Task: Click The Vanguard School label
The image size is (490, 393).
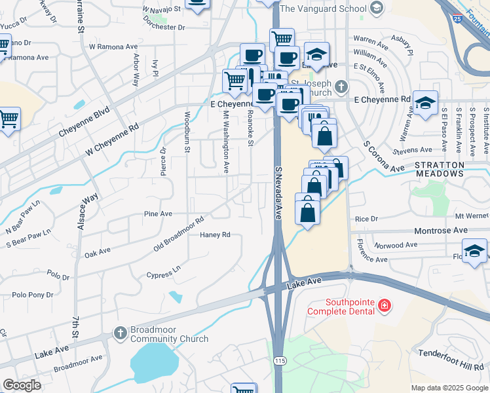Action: [322, 9]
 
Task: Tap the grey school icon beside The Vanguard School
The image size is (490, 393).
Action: [376, 9]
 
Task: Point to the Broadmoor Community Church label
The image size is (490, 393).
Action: [169, 334]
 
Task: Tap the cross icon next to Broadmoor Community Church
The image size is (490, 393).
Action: [120, 333]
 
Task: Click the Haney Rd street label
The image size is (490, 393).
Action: [216, 234]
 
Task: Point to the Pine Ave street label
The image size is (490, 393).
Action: [158, 214]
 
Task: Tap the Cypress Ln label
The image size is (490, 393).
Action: [163, 274]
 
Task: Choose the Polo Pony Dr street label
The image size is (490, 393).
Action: [33, 295]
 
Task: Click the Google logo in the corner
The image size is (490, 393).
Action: [22, 385]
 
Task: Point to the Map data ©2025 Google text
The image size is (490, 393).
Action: [449, 388]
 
